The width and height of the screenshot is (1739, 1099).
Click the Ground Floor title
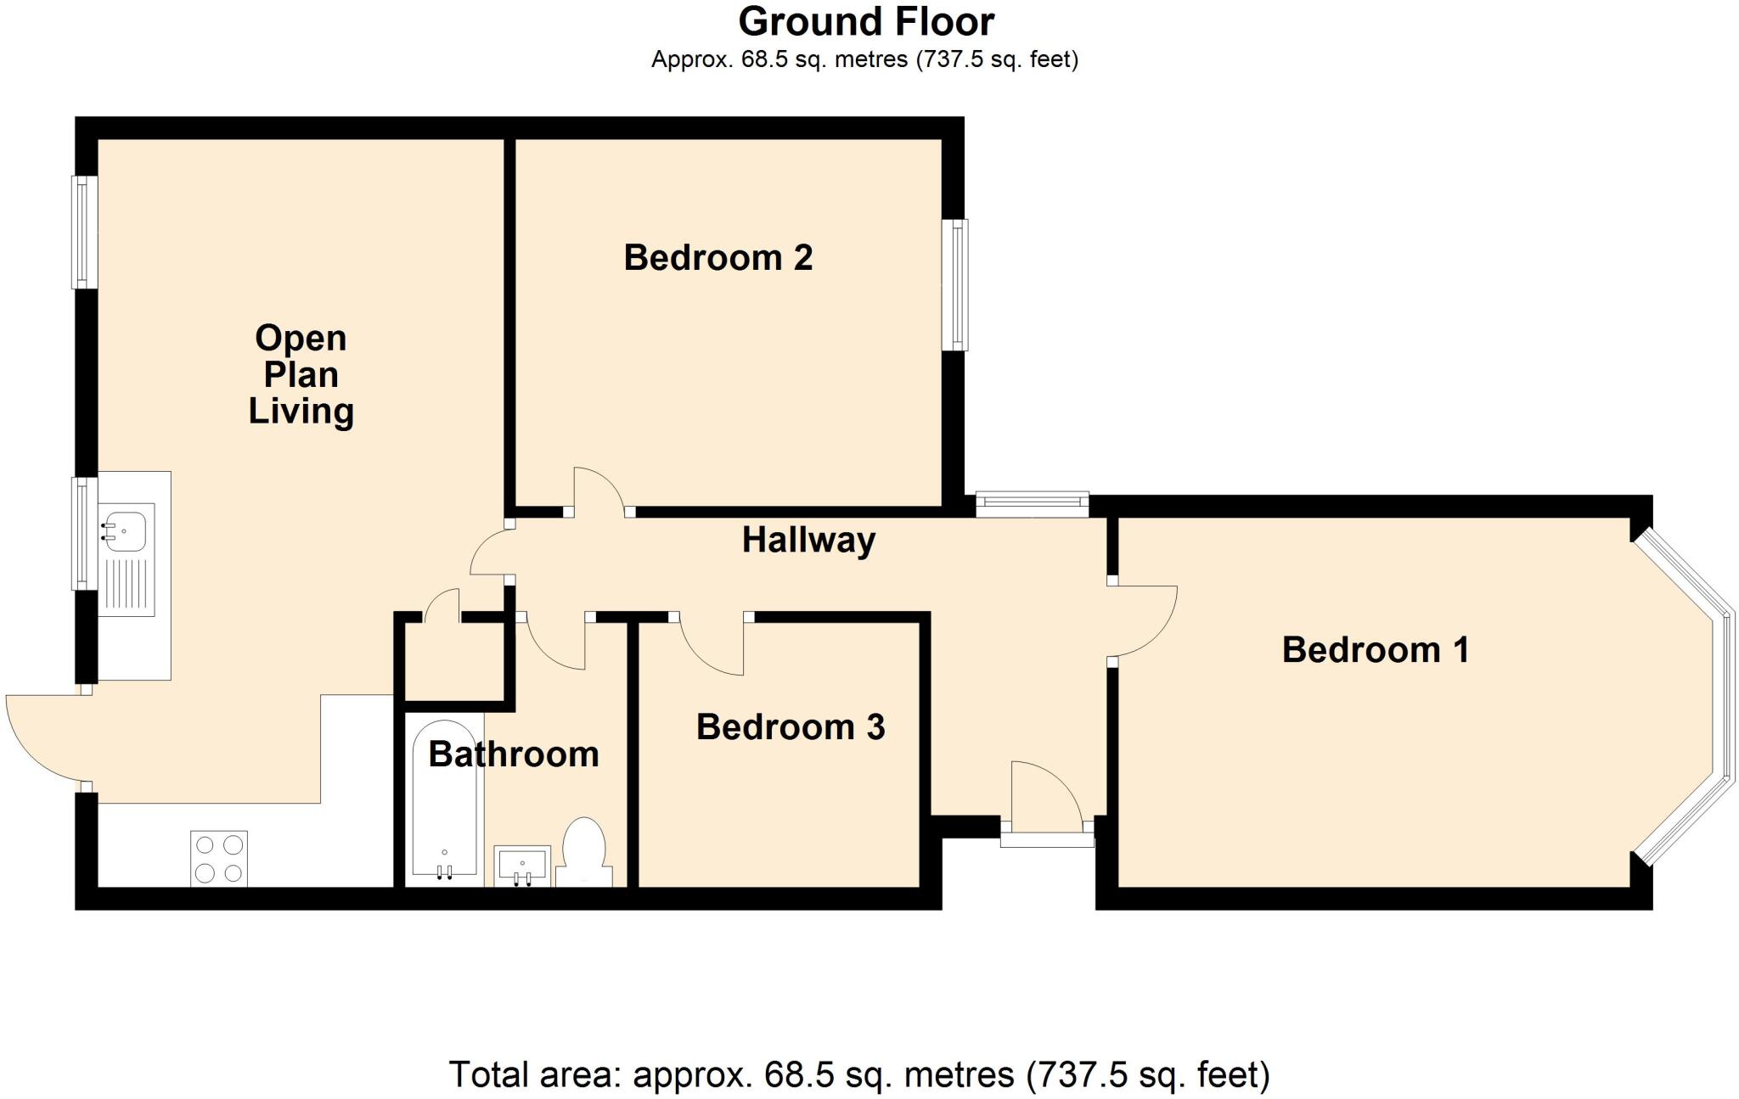866,22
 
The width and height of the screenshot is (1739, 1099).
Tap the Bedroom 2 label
718,257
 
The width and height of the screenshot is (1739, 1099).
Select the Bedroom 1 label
1375,650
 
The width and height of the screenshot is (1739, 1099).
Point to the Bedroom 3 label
791,727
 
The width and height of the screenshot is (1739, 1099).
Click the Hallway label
808,541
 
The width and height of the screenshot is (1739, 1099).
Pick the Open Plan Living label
301,374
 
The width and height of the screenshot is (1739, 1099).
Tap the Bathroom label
513,754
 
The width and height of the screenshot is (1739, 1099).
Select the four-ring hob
219,859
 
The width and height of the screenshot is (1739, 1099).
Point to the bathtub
444,798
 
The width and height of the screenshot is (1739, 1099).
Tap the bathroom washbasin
522,865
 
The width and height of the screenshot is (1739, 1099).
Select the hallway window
1032,505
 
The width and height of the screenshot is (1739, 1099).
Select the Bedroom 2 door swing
599,491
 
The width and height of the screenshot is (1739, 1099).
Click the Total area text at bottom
858,1074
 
